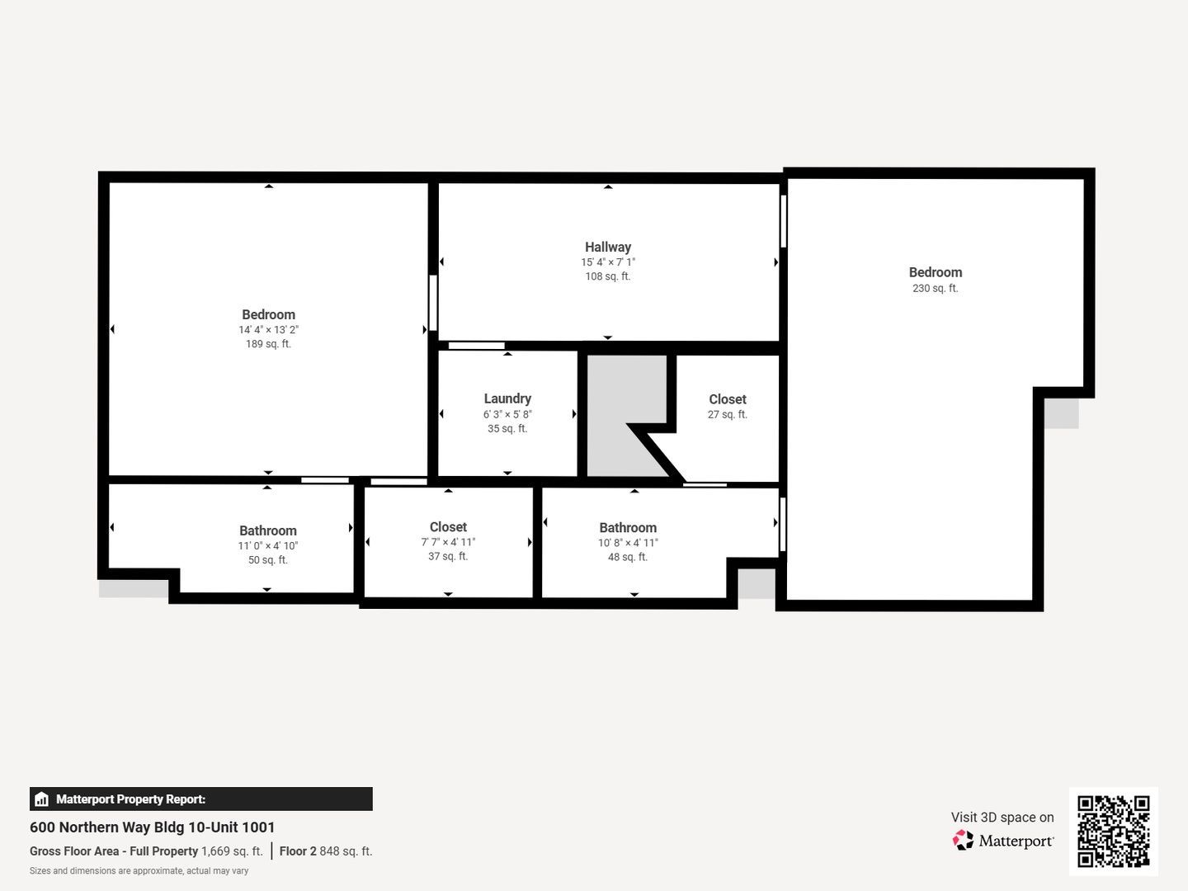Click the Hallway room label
click(608, 247)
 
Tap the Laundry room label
click(507, 398)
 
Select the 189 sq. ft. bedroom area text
click(268, 344)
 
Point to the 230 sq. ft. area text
click(936, 289)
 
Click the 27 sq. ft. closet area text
click(728, 414)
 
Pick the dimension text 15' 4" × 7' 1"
click(608, 262)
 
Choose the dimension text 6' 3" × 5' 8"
click(507, 414)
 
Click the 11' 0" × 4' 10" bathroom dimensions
click(268, 546)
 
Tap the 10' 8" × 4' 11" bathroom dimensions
click(628, 543)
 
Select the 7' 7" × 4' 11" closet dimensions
click(448, 542)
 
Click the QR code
click(1113, 832)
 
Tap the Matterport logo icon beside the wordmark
click(963, 840)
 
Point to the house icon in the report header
click(42, 799)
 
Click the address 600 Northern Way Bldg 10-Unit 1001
click(152, 827)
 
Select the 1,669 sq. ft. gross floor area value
click(232, 851)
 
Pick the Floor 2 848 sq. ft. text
click(326, 851)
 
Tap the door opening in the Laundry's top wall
click(476, 346)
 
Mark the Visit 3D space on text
click(1002, 818)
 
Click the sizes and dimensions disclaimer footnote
click(139, 871)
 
